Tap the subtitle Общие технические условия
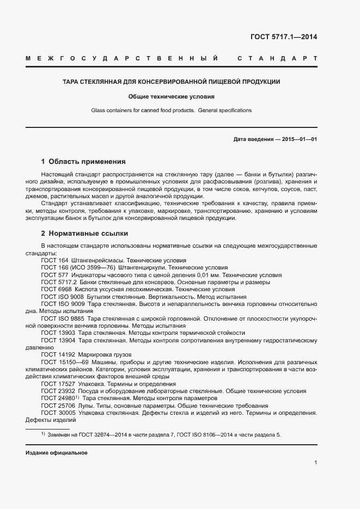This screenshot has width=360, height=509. (171, 96)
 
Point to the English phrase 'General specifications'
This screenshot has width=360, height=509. (225, 111)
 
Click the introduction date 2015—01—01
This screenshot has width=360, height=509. (299, 139)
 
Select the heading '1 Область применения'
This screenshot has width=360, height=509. (83, 162)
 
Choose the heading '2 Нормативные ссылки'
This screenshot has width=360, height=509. (84, 234)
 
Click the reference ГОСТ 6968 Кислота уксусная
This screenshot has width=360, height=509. (87, 290)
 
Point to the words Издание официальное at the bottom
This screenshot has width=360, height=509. (57, 453)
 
